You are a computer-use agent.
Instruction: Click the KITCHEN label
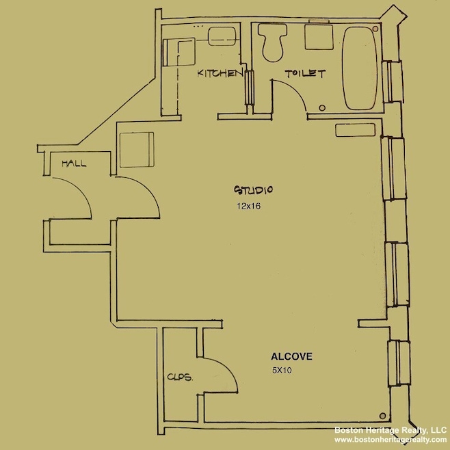click(x=220, y=72)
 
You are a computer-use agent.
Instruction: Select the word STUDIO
click(x=254, y=189)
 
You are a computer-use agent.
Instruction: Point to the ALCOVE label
click(x=292, y=356)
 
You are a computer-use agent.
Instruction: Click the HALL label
click(x=73, y=163)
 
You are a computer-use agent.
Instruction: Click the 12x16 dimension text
click(x=249, y=204)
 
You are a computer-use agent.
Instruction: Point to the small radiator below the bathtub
click(x=347, y=129)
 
